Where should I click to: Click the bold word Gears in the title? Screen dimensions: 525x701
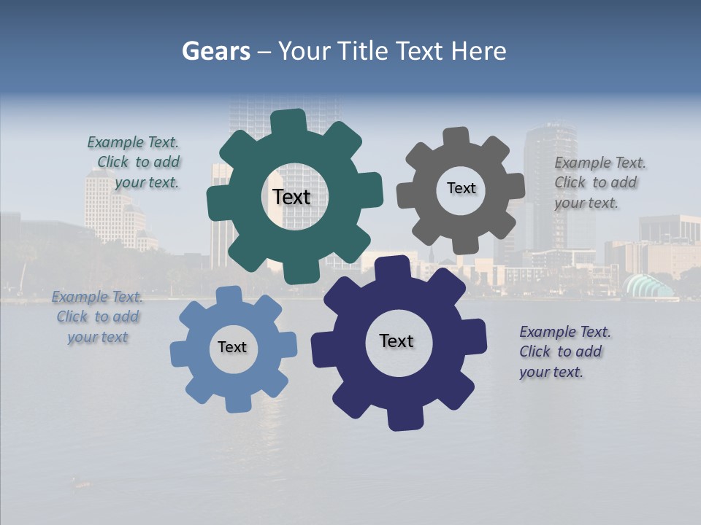pos(216,51)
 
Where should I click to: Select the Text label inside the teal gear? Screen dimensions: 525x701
pos(291,197)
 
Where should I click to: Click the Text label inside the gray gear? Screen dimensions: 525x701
pos(461,188)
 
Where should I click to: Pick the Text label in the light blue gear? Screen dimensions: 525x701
pos(232,347)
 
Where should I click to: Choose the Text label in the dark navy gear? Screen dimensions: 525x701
pos(397,341)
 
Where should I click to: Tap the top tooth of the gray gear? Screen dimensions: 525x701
pos(456,138)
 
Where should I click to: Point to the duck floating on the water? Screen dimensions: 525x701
pos(81,482)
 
